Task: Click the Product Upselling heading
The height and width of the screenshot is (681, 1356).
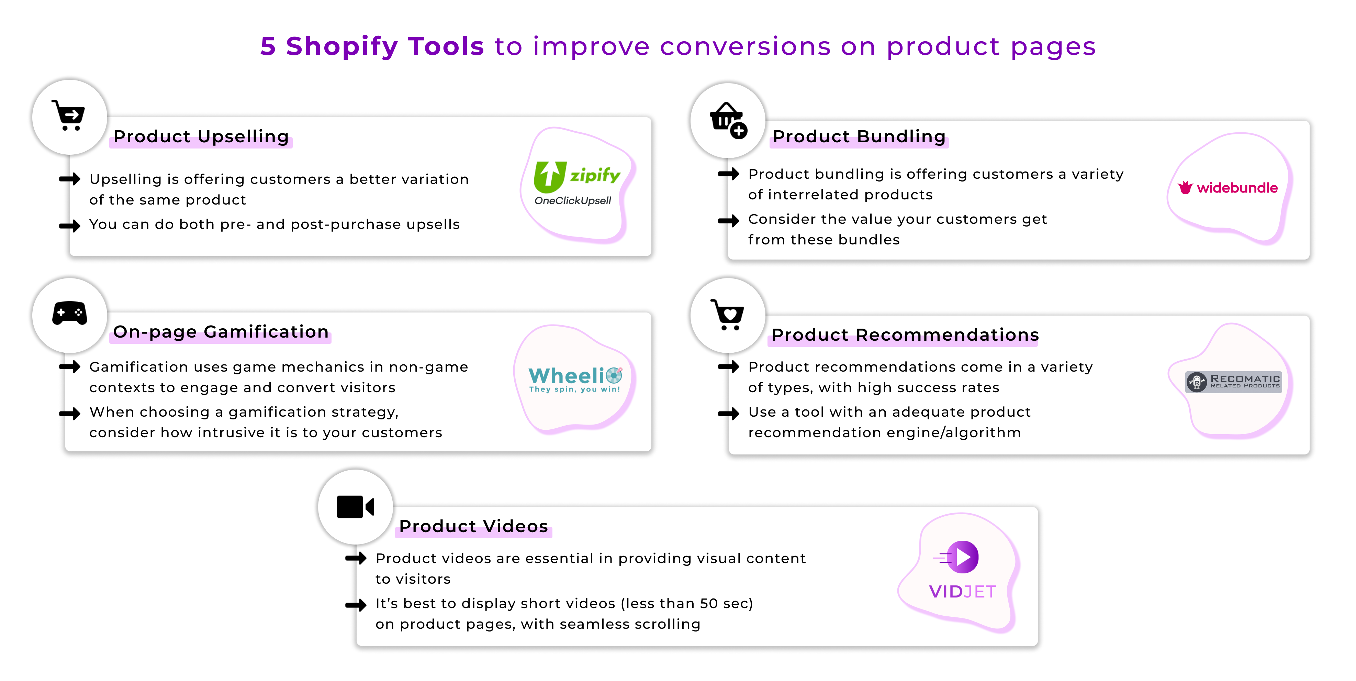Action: coord(201,136)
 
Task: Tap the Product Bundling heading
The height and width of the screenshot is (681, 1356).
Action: coord(859,136)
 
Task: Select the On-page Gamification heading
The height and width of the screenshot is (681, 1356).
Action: coord(221,332)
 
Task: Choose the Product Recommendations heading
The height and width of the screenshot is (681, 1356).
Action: coord(905,335)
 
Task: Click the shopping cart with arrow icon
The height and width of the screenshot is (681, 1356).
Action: coord(69,116)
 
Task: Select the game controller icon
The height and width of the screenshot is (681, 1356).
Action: coord(69,314)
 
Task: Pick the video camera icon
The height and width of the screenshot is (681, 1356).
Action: coord(355,507)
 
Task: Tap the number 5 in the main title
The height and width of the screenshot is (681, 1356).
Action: coord(268,46)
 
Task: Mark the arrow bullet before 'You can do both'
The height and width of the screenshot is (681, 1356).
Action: coord(69,226)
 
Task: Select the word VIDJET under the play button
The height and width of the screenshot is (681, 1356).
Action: coord(963,592)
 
